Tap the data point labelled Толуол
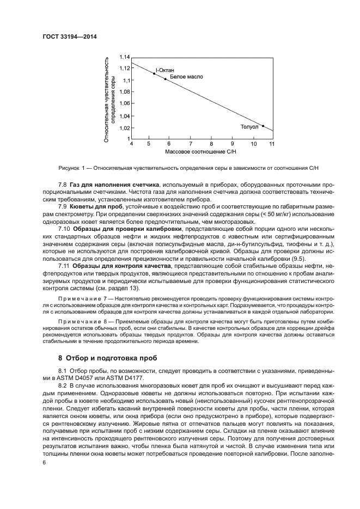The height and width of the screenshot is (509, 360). click(263, 126)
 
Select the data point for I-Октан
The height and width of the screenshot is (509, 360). click(154, 73)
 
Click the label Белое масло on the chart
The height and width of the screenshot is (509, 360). click(186, 77)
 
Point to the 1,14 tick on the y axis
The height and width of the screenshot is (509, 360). click(124, 57)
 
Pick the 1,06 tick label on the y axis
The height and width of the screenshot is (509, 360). click(124, 103)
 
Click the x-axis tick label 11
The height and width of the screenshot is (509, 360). click(271, 144)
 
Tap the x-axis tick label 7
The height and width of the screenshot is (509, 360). click(190, 144)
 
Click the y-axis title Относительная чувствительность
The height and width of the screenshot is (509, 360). click(107, 98)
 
